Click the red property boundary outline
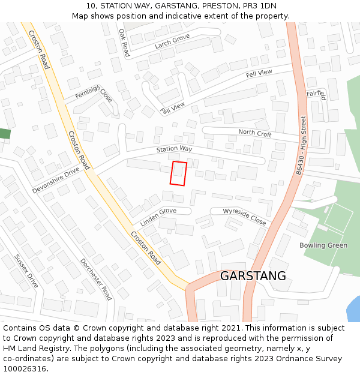coord(178,173)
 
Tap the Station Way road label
coord(174,149)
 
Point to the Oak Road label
coord(124,43)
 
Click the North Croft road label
coord(254,133)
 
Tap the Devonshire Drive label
coord(56,180)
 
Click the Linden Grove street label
coord(158,217)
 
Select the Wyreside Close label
coord(244,217)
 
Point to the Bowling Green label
coord(323,245)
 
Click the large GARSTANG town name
coord(253,276)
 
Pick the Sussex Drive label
coord(26,271)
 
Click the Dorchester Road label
coord(96,280)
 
